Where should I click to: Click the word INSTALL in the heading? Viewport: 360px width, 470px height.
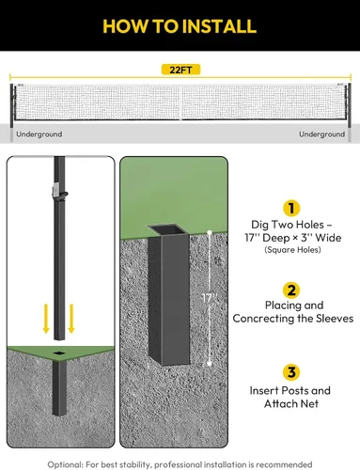[x=219, y=26]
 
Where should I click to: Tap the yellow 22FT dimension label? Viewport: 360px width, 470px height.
[x=180, y=70]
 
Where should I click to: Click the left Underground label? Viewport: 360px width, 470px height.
[x=39, y=134]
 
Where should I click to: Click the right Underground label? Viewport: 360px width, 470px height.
[x=321, y=134]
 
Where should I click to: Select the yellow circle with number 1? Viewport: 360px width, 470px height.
[x=291, y=209]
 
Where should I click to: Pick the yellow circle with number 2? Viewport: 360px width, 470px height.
[x=291, y=290]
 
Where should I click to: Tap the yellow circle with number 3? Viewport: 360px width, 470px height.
[x=291, y=372]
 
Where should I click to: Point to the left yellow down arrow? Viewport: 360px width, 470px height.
[x=46, y=319]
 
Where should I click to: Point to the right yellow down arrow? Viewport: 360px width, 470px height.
[x=71, y=319]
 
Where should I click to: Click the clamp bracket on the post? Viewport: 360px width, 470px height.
[x=59, y=193]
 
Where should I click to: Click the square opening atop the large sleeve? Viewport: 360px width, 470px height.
[x=168, y=230]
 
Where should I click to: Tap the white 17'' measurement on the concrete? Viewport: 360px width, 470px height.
[x=209, y=298]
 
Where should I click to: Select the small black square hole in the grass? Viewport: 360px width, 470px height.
[x=59, y=353]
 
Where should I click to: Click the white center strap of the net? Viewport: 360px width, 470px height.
[x=180, y=102]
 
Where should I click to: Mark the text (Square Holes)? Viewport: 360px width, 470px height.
[x=292, y=250]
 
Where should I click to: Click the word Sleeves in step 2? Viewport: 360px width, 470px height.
[x=335, y=319]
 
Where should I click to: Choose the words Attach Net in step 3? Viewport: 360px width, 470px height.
[x=291, y=403]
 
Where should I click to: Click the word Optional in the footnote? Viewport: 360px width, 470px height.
[x=65, y=464]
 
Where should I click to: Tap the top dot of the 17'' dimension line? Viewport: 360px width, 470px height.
[x=210, y=232]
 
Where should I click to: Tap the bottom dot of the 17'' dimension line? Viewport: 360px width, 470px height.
[x=210, y=364]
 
